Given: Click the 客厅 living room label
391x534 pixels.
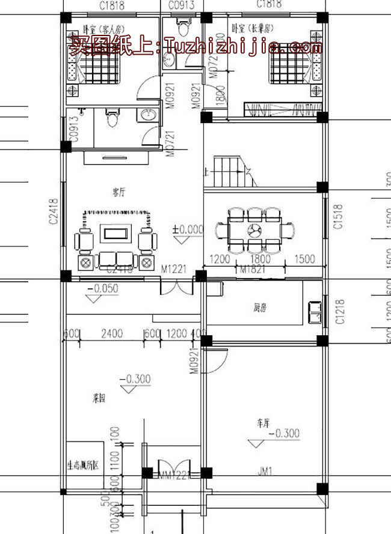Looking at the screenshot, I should (x=119, y=192).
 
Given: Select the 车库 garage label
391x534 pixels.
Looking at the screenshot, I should (x=263, y=423).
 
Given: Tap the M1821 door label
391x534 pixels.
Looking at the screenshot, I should (x=253, y=270).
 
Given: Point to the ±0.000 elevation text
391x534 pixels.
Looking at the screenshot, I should (x=188, y=229).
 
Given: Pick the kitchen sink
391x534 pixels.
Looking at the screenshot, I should (x=313, y=310).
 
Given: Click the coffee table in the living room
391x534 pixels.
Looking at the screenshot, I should (x=115, y=232).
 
